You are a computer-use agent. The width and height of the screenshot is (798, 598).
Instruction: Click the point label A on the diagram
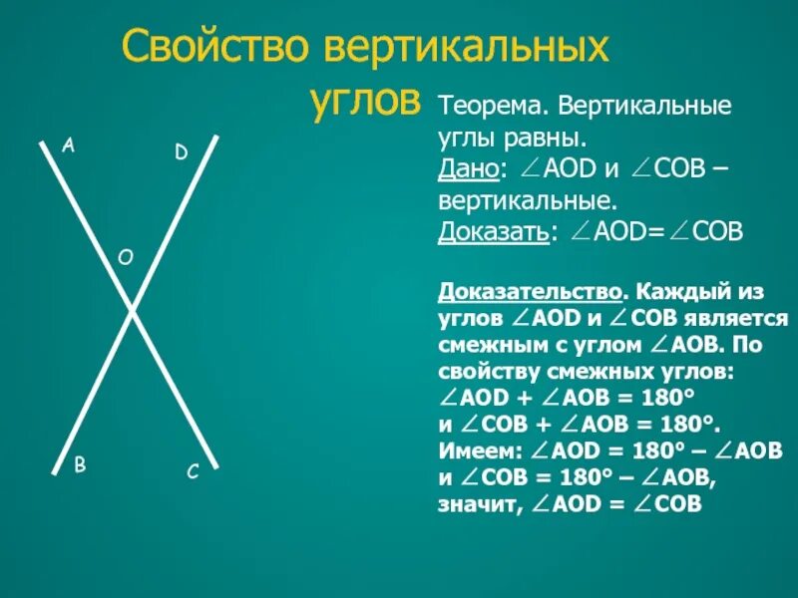click(69, 146)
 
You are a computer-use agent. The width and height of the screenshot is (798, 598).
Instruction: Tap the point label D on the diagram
click(181, 152)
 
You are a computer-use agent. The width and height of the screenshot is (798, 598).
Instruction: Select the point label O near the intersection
click(125, 257)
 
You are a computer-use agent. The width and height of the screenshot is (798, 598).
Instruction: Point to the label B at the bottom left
click(80, 463)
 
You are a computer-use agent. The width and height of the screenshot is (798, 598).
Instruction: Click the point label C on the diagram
click(193, 471)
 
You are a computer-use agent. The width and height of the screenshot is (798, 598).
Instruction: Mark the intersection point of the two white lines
click(131, 311)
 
